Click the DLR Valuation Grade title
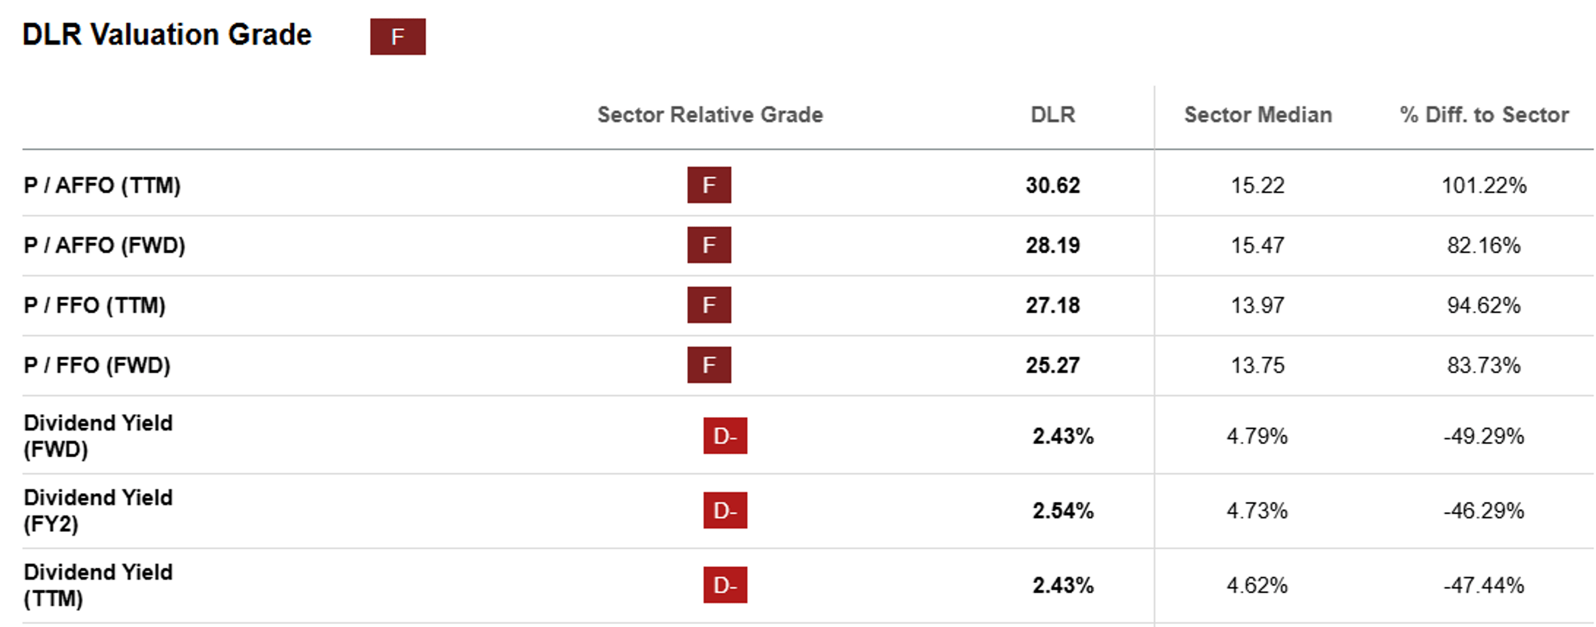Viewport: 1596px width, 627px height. pos(166,34)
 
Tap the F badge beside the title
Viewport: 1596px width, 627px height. pos(397,36)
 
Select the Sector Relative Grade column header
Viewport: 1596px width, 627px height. pos(710,115)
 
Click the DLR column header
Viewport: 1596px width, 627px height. pos(1053,115)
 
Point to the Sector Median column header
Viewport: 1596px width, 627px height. pos(1258,115)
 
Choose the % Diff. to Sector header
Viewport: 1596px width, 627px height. pos(1484,115)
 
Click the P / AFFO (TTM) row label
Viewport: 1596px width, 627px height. pos(102,186)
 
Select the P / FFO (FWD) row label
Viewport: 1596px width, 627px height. pos(97,365)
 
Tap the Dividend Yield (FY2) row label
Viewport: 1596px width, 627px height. pos(98,511)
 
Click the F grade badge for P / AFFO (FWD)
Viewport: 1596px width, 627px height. pos(709,245)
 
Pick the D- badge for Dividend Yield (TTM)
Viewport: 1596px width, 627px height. pos(725,585)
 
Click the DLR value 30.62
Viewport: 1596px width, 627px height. pos(1053,186)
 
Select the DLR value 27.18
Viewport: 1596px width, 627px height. pos(1053,306)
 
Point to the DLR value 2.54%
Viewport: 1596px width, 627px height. pos(1063,511)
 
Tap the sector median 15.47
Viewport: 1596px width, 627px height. pos(1257,246)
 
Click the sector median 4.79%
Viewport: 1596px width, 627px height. pos(1257,436)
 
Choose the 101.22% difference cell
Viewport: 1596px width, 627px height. pos(1484,186)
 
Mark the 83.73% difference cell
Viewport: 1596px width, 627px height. pos(1484,365)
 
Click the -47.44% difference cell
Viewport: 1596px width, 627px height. pos(1484,586)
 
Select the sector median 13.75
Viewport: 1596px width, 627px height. pos(1257,365)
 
